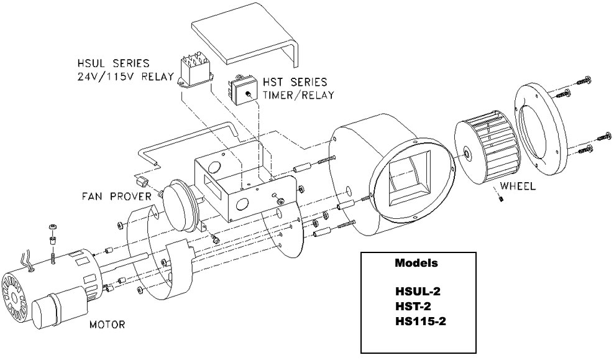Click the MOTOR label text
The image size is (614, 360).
coord(107,324)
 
